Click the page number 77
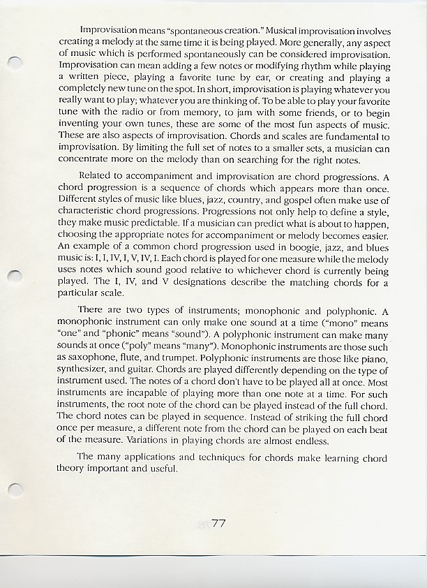[x=218, y=524]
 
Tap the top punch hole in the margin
[x=13, y=62]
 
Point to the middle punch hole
[x=13, y=277]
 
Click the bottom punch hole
[x=13, y=490]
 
